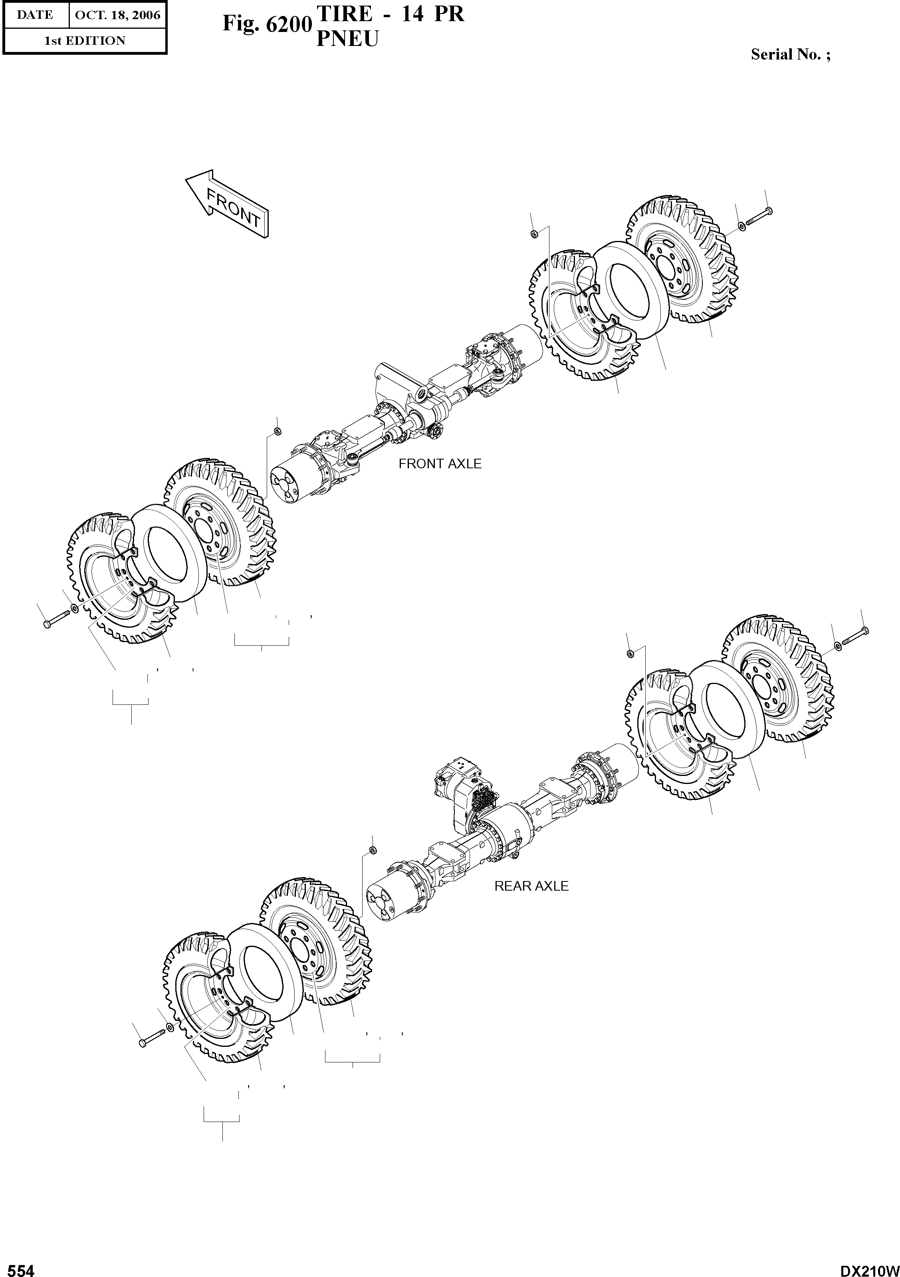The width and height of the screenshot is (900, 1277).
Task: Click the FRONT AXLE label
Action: click(440, 464)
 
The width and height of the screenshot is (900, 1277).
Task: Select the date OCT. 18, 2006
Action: click(117, 15)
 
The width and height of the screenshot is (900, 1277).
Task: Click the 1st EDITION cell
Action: click(85, 41)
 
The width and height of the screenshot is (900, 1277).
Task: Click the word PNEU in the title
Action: click(347, 39)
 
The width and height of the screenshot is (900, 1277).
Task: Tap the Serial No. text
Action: click(790, 54)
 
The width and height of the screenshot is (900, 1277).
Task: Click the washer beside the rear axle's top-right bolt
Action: click(837, 646)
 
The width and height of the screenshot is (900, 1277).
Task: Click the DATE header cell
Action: click(35, 15)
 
